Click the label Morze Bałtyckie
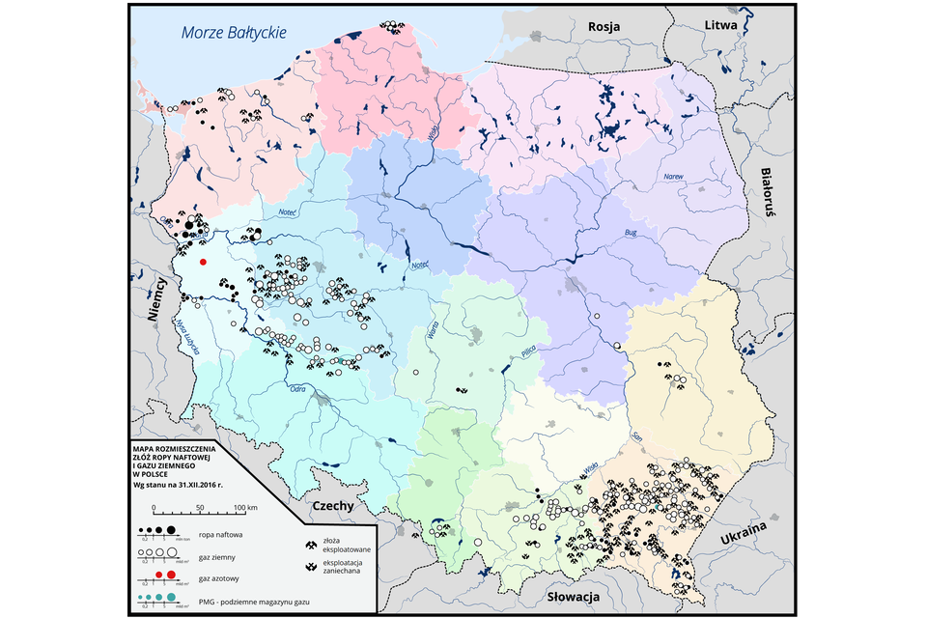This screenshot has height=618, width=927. [235, 33]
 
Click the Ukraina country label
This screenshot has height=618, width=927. [742, 541]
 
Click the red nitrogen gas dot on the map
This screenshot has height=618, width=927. [203, 262]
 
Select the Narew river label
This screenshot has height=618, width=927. [672, 177]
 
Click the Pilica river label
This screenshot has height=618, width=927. [526, 353]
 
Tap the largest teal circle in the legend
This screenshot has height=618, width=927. [173, 599]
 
